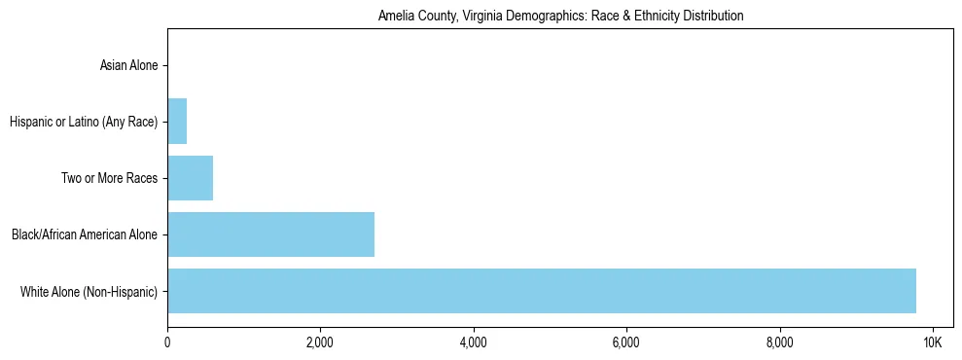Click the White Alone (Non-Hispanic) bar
pyautogui.click(x=541, y=291)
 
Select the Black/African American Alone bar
pyautogui.click(x=270, y=234)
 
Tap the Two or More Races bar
pyautogui.click(x=190, y=178)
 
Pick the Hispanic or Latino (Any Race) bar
pyautogui.click(x=177, y=122)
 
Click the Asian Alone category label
pyautogui.click(x=128, y=66)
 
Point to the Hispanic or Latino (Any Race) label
pyautogui.click(x=84, y=123)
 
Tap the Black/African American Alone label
pyautogui.click(x=84, y=235)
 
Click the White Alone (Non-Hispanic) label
pyautogui.click(x=89, y=292)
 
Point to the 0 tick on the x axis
pyautogui.click(x=167, y=342)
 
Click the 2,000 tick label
pyautogui.click(x=320, y=342)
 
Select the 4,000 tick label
pyautogui.click(x=473, y=342)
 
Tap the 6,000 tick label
pyautogui.click(x=625, y=342)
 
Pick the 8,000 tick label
pyautogui.click(x=779, y=342)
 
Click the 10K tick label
pyautogui.click(x=932, y=342)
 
